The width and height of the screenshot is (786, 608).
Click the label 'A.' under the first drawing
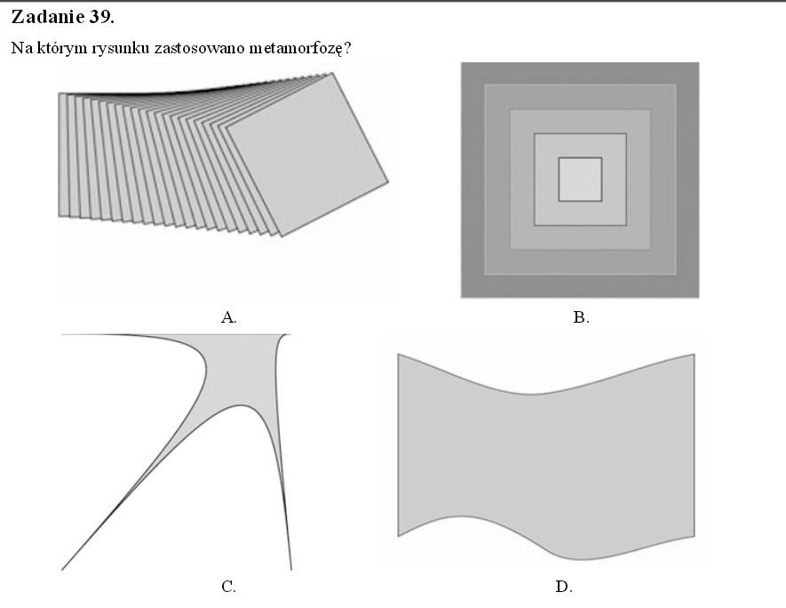coord(229,317)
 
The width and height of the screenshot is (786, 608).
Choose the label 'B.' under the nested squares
coord(581,317)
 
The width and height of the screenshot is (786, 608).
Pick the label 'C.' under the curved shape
coord(228,586)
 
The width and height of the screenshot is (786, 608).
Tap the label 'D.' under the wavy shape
coord(563,586)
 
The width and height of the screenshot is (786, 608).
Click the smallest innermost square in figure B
coord(580,179)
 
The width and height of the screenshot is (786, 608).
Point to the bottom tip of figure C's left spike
coord(62,569)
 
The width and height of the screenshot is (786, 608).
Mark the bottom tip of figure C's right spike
coord(290,569)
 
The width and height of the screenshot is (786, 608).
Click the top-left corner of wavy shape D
coord(398,355)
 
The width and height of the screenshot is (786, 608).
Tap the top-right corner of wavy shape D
coord(694,354)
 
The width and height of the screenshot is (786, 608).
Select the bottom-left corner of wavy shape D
coord(398,535)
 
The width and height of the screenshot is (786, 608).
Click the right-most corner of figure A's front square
coord(388,184)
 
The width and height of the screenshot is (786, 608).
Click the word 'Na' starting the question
coord(20,47)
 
